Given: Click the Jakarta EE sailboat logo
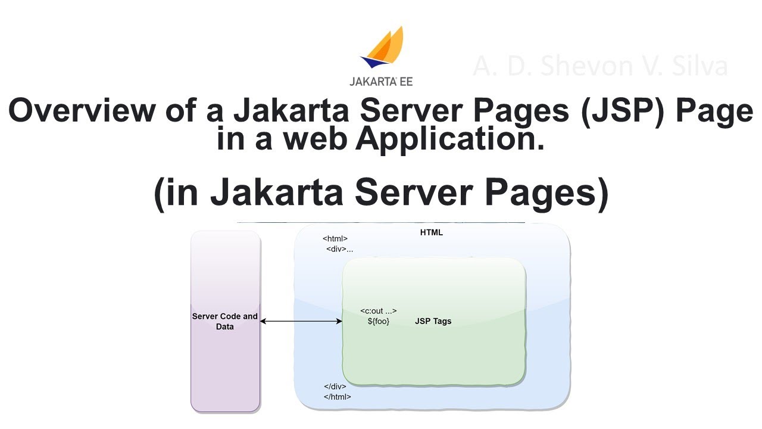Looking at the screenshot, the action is pyautogui.click(x=383, y=47).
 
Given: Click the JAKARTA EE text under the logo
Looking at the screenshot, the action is pyautogui.click(x=381, y=81).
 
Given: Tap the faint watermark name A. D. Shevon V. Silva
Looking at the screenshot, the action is pyautogui.click(x=600, y=66).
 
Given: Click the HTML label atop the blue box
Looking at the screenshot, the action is pyautogui.click(x=432, y=232).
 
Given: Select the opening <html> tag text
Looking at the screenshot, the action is pyautogui.click(x=335, y=239).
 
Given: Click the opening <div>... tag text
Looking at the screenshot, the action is pyautogui.click(x=339, y=249).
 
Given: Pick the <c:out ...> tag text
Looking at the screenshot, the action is pyautogui.click(x=379, y=311).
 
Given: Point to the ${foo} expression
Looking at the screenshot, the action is pyautogui.click(x=379, y=321).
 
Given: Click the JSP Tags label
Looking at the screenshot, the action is pyautogui.click(x=433, y=321).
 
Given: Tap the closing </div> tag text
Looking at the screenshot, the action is pyautogui.click(x=335, y=386).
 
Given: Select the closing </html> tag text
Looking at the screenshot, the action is pyautogui.click(x=338, y=396).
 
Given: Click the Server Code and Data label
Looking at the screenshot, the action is pyautogui.click(x=225, y=321).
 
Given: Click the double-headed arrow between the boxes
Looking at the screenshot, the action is pyautogui.click(x=301, y=321).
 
